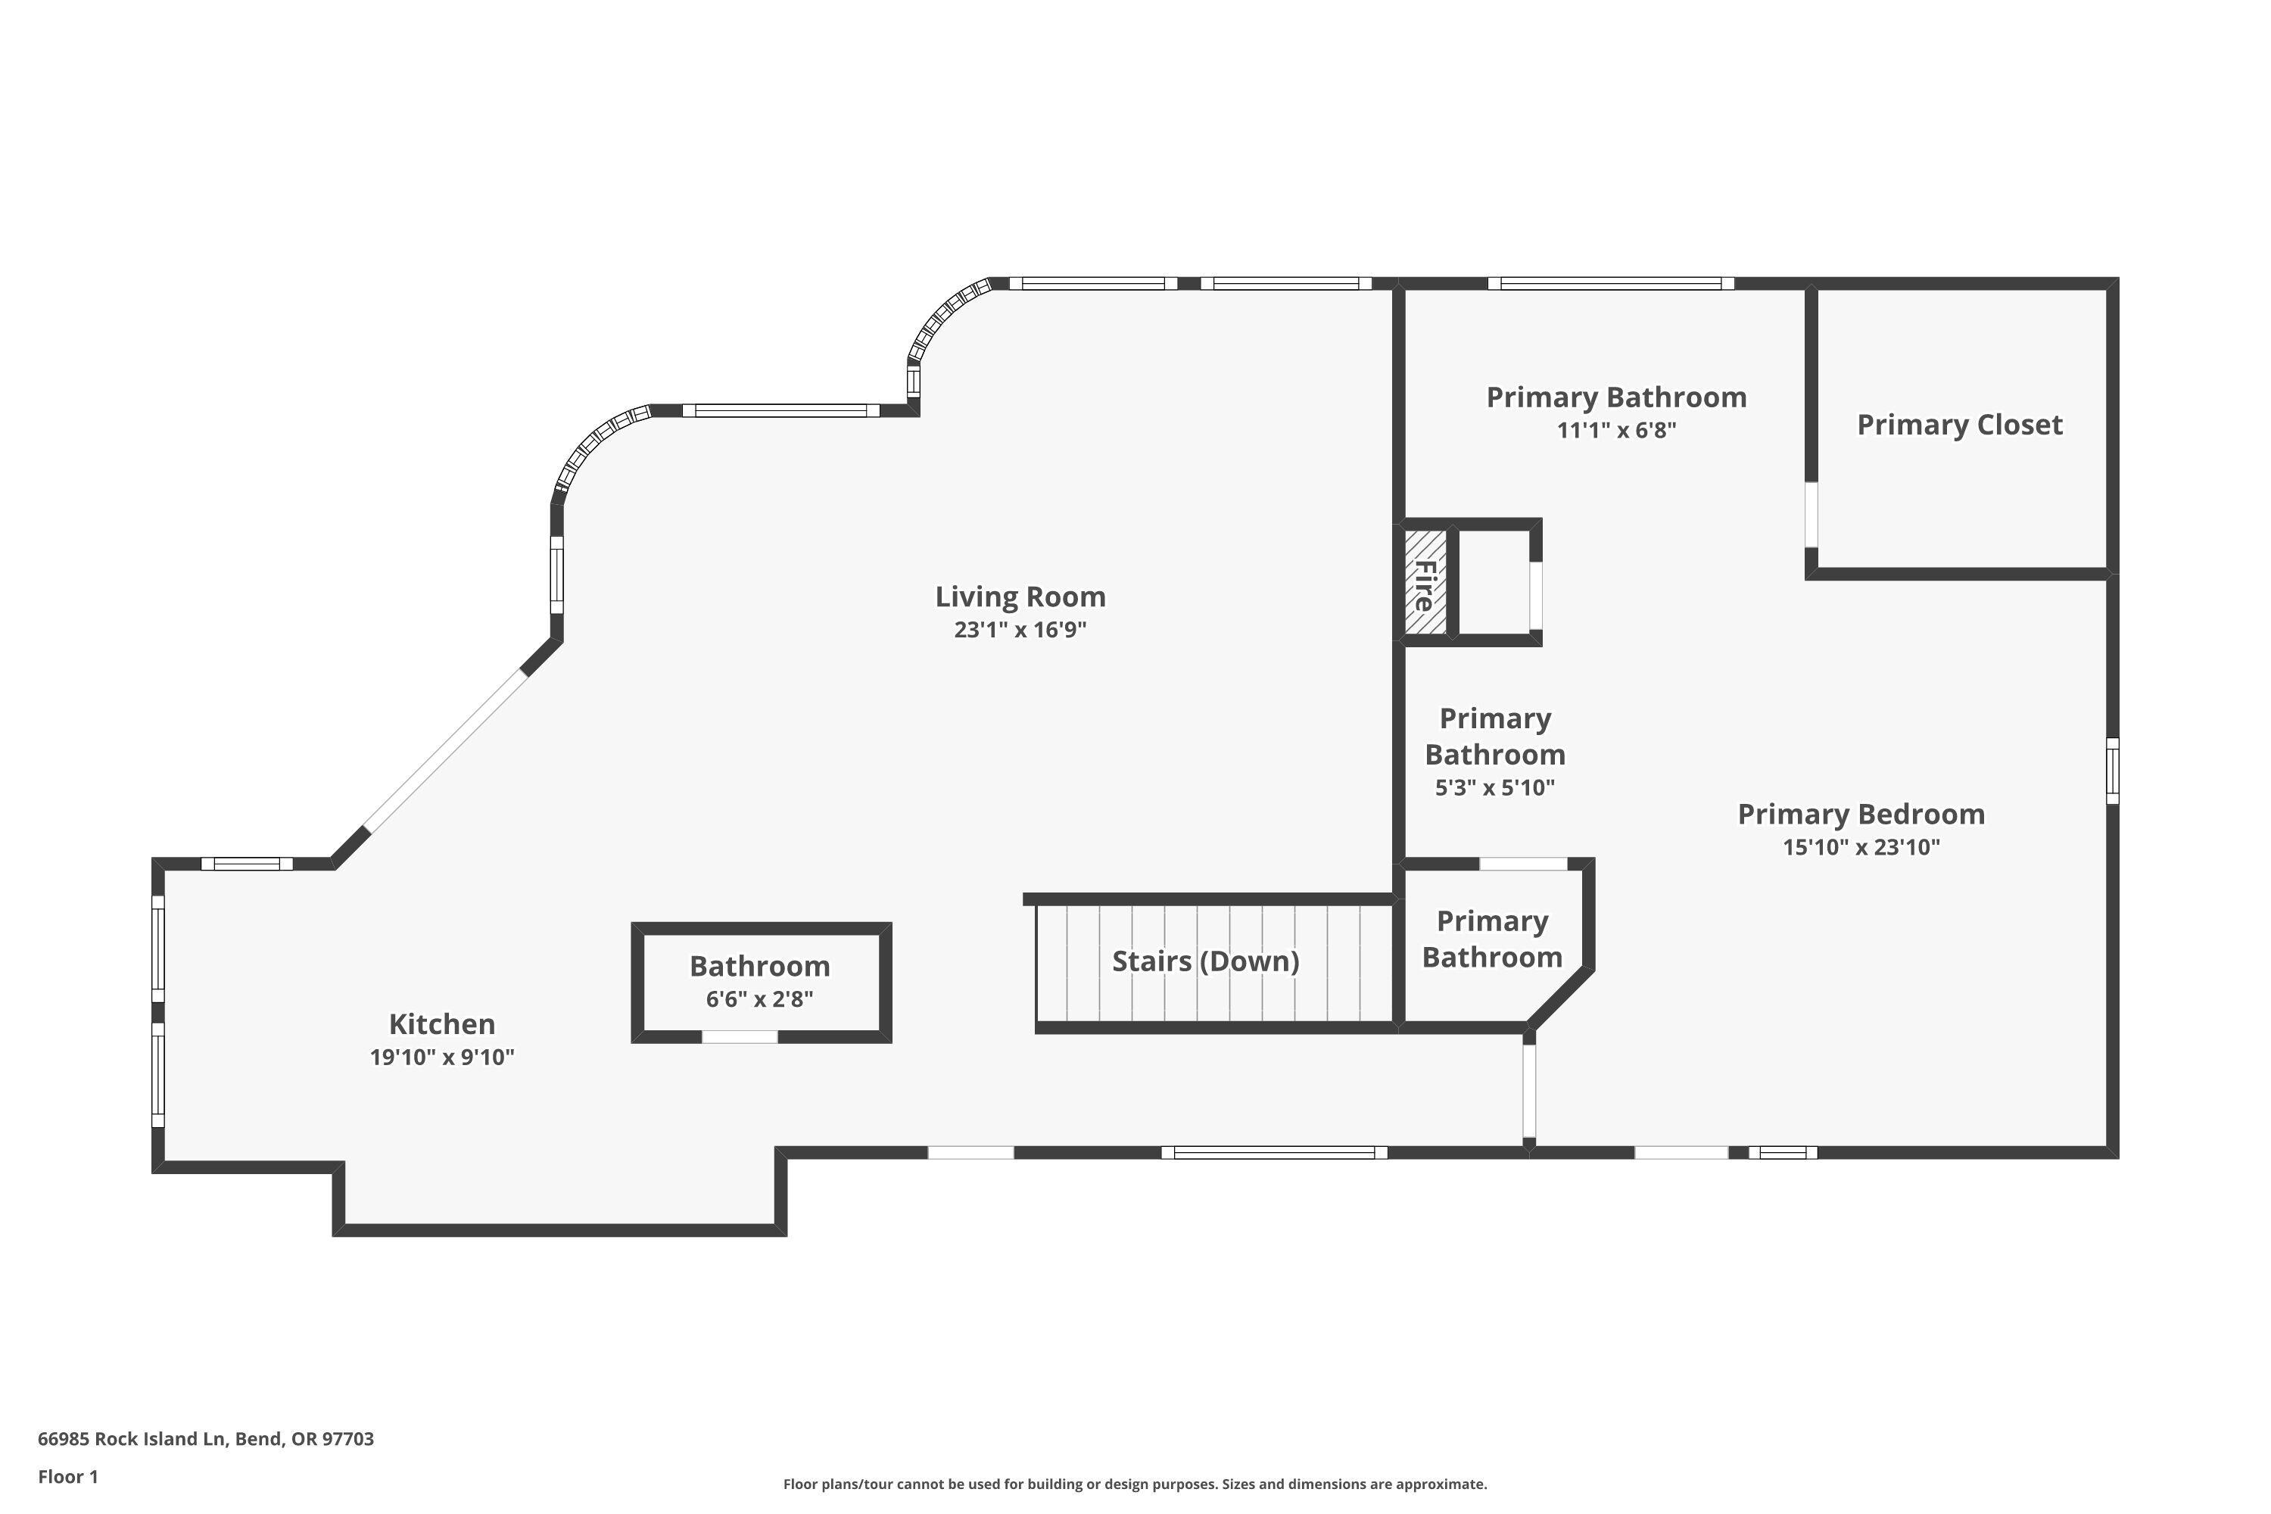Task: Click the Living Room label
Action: tap(1020, 597)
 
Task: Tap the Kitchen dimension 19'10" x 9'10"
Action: tap(441, 1058)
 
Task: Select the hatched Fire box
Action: tap(1425, 582)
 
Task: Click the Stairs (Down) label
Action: tap(1205, 961)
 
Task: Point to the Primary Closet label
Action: tap(1959, 425)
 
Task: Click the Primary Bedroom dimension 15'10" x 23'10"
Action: tap(1861, 848)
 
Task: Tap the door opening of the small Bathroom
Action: tap(740, 1037)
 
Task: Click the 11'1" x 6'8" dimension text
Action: tap(1616, 431)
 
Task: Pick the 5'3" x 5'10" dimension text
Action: tap(1494, 788)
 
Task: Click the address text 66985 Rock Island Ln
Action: tap(206, 1439)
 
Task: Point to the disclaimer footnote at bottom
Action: tap(1135, 1484)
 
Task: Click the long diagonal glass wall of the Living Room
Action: tap(446, 750)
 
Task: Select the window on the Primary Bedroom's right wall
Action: tap(2112, 771)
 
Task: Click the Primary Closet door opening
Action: tap(1812, 515)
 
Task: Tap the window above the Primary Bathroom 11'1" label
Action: tap(1611, 284)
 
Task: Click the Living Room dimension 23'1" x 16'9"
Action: tap(1020, 631)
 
